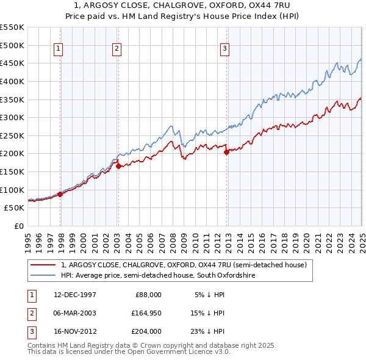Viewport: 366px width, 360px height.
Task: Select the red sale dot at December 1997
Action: tap(60, 194)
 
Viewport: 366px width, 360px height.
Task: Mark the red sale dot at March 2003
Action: tap(118, 166)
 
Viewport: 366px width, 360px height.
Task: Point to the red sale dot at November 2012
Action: tap(226, 152)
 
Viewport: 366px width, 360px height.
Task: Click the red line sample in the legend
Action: tap(43, 265)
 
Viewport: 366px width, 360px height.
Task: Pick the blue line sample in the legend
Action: tap(43, 275)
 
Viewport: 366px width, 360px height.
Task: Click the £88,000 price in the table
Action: tap(148, 294)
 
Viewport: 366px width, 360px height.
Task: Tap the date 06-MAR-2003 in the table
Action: tap(75, 313)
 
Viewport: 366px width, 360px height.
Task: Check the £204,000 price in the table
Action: tap(146, 332)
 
